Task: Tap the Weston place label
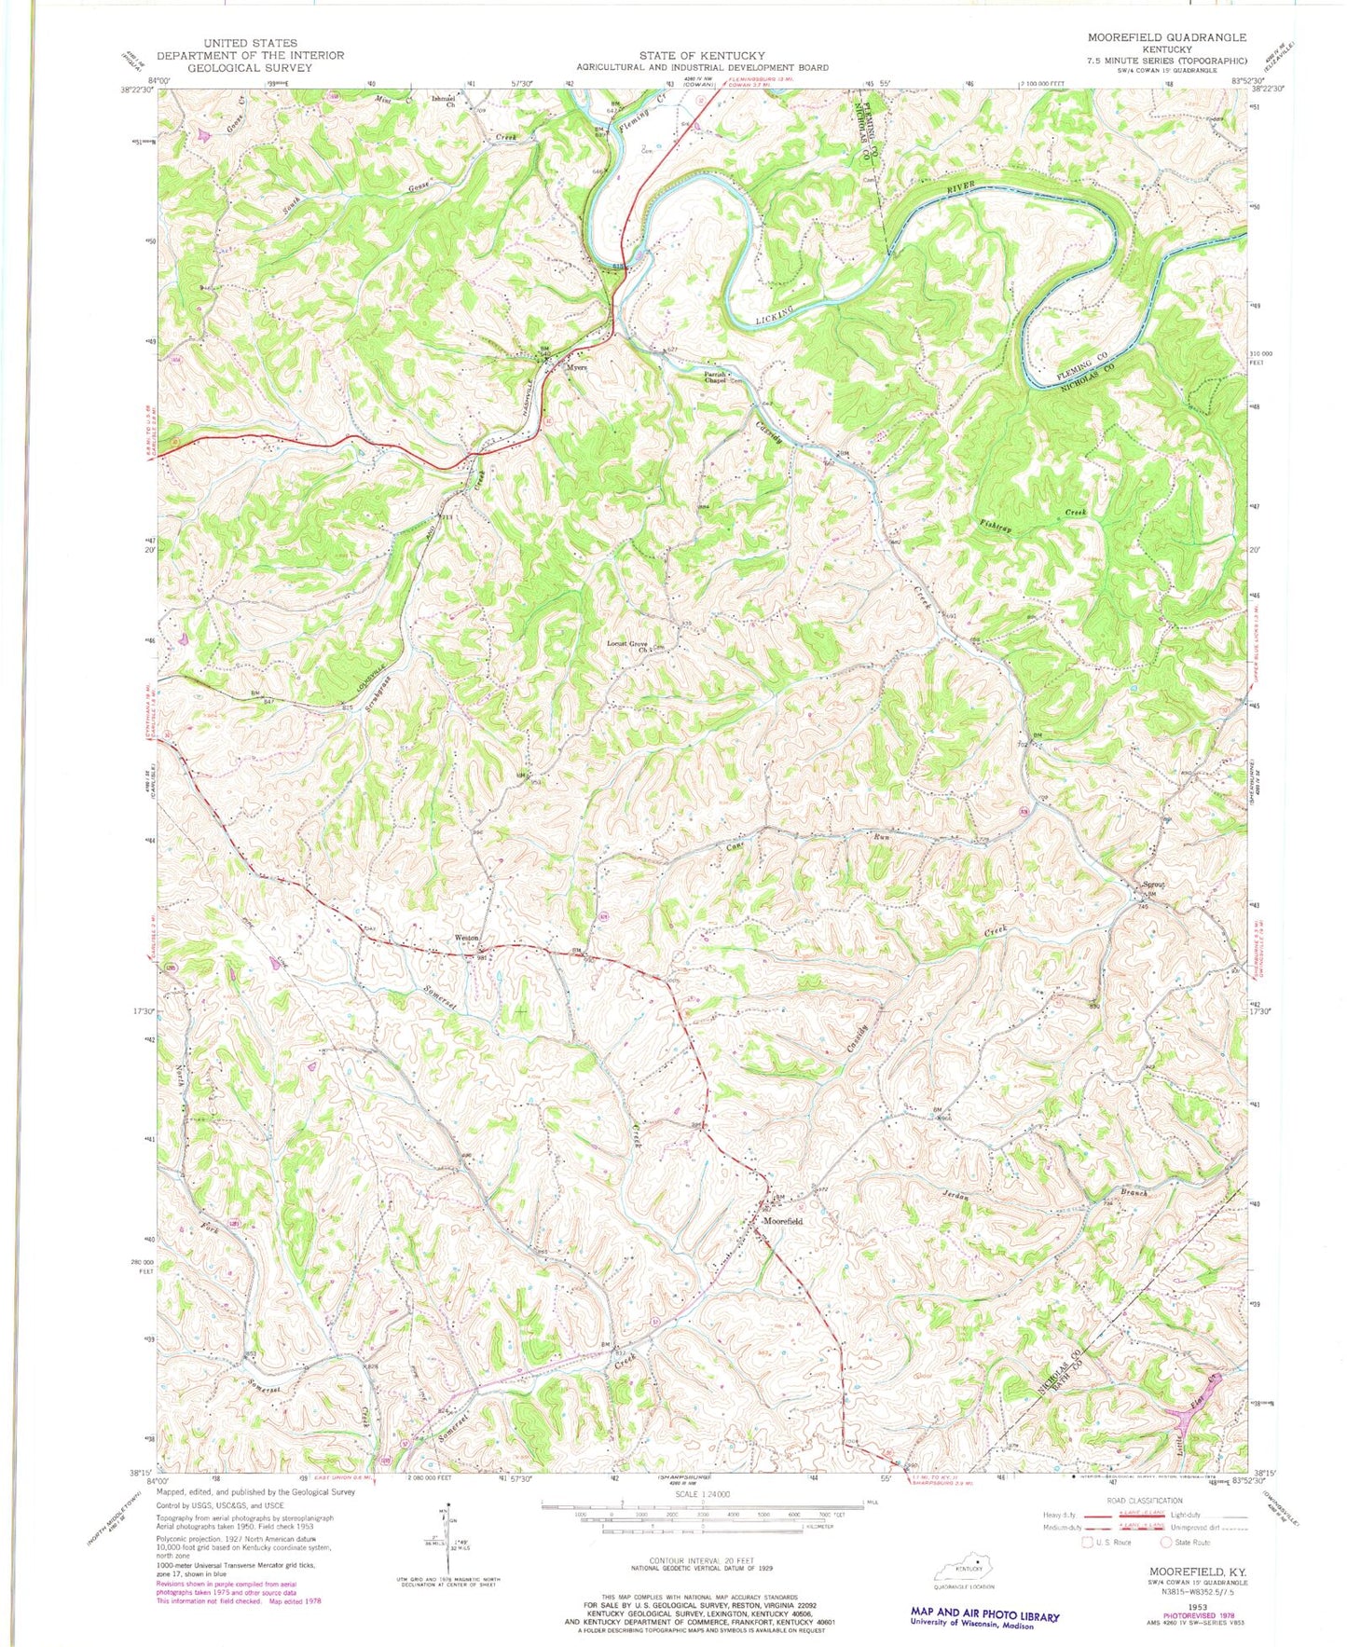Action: point(466,938)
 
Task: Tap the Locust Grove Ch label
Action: point(628,645)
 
